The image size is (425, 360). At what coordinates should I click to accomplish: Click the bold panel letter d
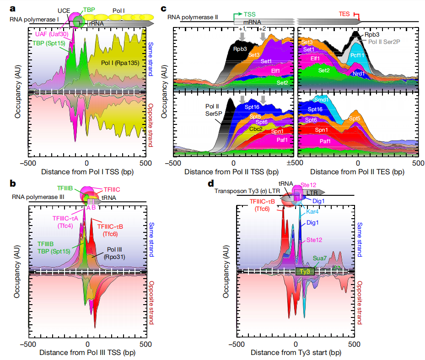[x=210, y=184]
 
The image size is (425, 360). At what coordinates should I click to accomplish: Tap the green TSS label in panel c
[x=250, y=14]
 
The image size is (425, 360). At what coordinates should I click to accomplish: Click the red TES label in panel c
[x=344, y=14]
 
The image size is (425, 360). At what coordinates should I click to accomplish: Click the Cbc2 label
[x=256, y=129]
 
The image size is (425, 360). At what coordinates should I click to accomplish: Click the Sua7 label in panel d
[x=320, y=258]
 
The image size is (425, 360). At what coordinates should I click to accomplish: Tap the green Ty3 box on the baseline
[x=304, y=271]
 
